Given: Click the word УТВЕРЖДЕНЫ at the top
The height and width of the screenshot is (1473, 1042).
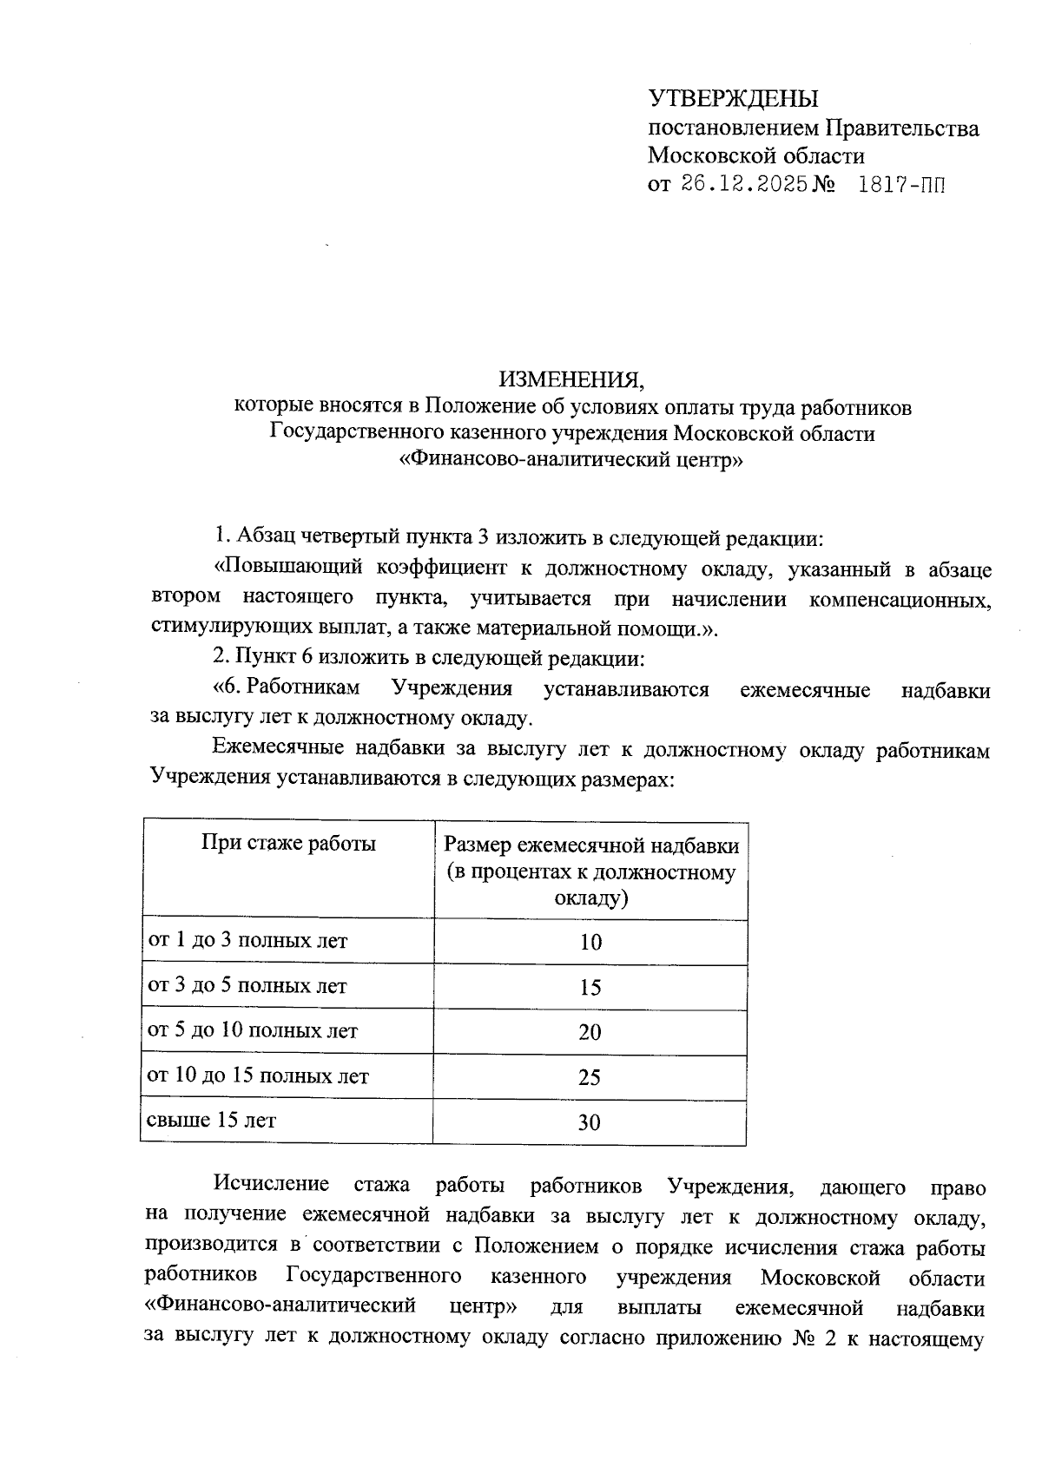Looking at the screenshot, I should pos(733,98).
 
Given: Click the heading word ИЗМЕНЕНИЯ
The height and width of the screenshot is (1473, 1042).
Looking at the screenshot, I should pos(571,379).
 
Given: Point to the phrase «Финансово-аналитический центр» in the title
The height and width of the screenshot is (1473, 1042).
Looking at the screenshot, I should pos(570,461).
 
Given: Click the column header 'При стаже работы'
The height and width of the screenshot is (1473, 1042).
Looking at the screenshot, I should pos(288,843).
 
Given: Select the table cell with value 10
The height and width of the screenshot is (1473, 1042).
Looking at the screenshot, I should pos(590,943).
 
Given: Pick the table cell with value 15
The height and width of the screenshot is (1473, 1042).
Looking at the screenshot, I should pos(590,988).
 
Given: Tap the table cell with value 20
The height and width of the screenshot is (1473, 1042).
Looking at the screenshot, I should pos(590,1033).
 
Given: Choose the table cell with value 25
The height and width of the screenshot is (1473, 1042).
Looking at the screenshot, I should pos(590,1078).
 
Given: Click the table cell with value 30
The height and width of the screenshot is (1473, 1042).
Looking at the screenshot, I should pos(590,1123).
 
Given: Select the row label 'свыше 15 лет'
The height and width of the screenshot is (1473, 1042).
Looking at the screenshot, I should pos(212,1120).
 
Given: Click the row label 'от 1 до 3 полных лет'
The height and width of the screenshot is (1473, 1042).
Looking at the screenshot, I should pos(247,941).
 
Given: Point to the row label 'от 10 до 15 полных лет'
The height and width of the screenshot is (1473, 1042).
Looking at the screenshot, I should pos(258,1076).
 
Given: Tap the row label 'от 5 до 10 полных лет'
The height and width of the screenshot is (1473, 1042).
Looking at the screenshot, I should pos(253,1031).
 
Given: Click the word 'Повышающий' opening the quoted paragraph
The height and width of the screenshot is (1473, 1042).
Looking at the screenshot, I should pos(287,569).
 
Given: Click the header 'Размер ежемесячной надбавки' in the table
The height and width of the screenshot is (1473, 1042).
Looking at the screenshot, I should pos(591,845).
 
